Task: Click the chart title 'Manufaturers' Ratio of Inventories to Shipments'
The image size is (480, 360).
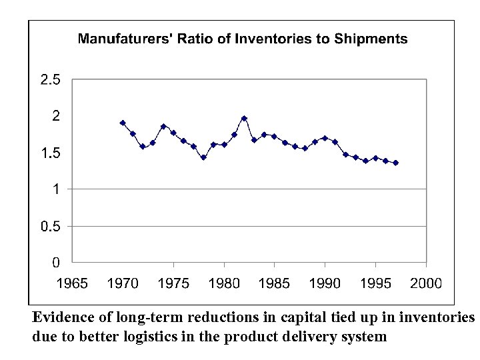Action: [x=243, y=39]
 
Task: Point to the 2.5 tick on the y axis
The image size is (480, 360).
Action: [x=50, y=80]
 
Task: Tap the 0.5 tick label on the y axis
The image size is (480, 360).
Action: [x=50, y=227]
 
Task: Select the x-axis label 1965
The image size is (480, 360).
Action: [x=72, y=283]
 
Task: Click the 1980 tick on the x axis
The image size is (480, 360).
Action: [x=224, y=283]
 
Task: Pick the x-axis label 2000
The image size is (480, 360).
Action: [x=426, y=283]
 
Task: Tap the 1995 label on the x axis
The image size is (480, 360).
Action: [x=375, y=283]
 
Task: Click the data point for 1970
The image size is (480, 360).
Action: [x=123, y=123]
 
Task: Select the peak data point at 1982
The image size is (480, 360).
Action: [x=244, y=118]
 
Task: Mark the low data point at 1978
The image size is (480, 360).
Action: [x=203, y=157]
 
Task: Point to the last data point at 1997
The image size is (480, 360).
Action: [x=396, y=163]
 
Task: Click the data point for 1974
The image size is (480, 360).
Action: [x=163, y=126]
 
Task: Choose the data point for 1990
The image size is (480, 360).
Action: [x=325, y=138]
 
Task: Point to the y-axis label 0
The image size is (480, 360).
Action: [x=57, y=263]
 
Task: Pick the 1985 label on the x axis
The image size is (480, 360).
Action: [x=274, y=283]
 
